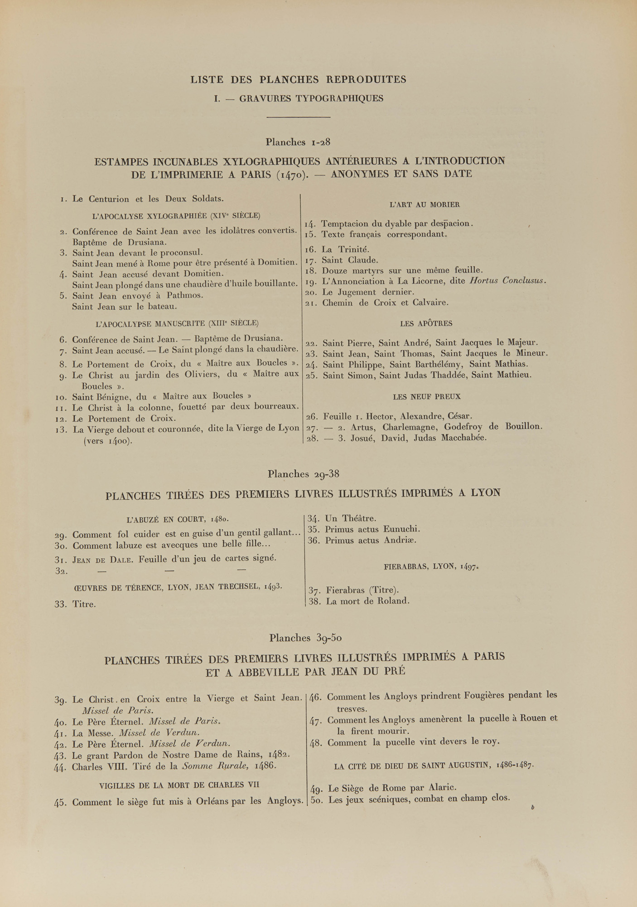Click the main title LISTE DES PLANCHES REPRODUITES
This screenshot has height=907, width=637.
pos(298,80)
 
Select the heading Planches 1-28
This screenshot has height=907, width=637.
pos(298,142)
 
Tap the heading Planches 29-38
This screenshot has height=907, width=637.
pos(303,474)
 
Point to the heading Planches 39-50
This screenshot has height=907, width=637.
pos(305,638)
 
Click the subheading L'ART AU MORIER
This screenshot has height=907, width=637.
pos(425,205)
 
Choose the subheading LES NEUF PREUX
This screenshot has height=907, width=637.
pos(427,397)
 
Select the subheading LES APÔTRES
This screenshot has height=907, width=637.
pos(426,324)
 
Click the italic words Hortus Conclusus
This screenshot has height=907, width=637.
pos(507,281)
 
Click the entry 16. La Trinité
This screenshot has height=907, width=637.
pos(338,249)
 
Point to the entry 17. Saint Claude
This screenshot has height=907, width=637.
pos(342,260)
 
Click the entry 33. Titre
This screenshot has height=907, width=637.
pos(75,605)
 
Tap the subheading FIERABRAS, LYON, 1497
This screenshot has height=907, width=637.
pos(431,566)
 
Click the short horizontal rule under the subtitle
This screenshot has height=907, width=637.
pos(298,117)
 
